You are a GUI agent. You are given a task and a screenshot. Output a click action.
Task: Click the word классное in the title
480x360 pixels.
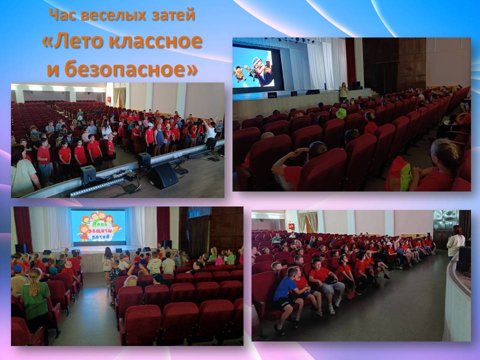click(x=155, y=41)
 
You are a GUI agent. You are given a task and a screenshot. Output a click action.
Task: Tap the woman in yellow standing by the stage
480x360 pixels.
click(x=343, y=92)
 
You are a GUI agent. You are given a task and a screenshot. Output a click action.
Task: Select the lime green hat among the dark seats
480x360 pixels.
click(x=340, y=113)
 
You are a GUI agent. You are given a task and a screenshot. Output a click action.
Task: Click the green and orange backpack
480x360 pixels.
click(x=398, y=175)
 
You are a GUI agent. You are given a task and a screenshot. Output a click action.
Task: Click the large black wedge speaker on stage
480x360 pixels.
click(x=162, y=175)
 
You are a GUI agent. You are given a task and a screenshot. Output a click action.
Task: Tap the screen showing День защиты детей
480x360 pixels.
click(x=98, y=227)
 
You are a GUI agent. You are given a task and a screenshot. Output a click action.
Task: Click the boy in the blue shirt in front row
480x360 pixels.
click(x=286, y=298)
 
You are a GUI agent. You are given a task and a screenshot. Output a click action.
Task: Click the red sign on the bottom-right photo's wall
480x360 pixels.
click(x=291, y=226)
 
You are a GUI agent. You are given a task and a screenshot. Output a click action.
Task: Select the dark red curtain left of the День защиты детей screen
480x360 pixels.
click(x=23, y=228)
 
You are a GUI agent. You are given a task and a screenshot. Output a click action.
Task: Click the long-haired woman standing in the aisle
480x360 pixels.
click(x=108, y=266)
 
